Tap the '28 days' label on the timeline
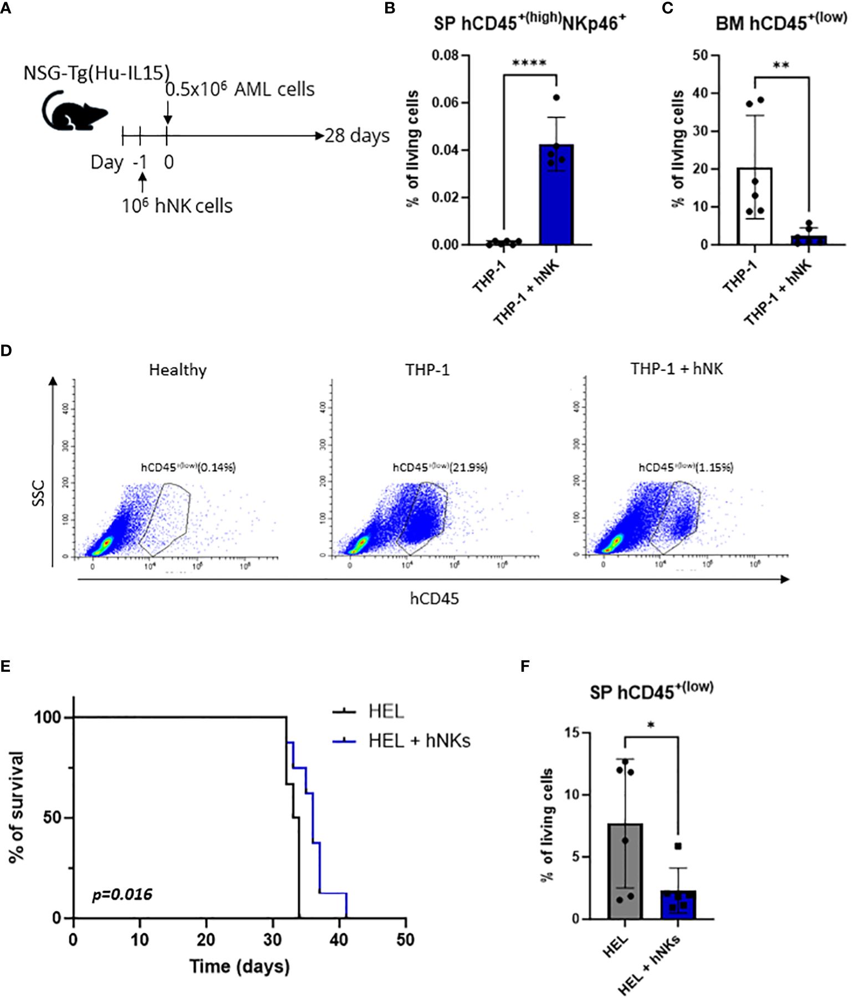tap(357, 136)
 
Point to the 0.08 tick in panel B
tap(446, 55)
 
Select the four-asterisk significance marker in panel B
tap(529, 63)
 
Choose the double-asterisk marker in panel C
tap(781, 66)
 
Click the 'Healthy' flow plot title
tap(178, 370)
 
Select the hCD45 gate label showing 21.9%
tap(440, 467)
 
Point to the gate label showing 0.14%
tap(188, 467)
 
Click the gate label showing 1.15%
tap(686, 467)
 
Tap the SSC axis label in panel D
tap(38, 493)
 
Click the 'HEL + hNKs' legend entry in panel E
tap(419, 740)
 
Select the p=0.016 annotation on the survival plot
tap(122, 894)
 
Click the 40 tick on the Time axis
tap(339, 939)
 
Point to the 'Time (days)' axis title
tap(239, 966)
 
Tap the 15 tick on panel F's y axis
tap(572, 733)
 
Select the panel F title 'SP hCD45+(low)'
tap(651, 691)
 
